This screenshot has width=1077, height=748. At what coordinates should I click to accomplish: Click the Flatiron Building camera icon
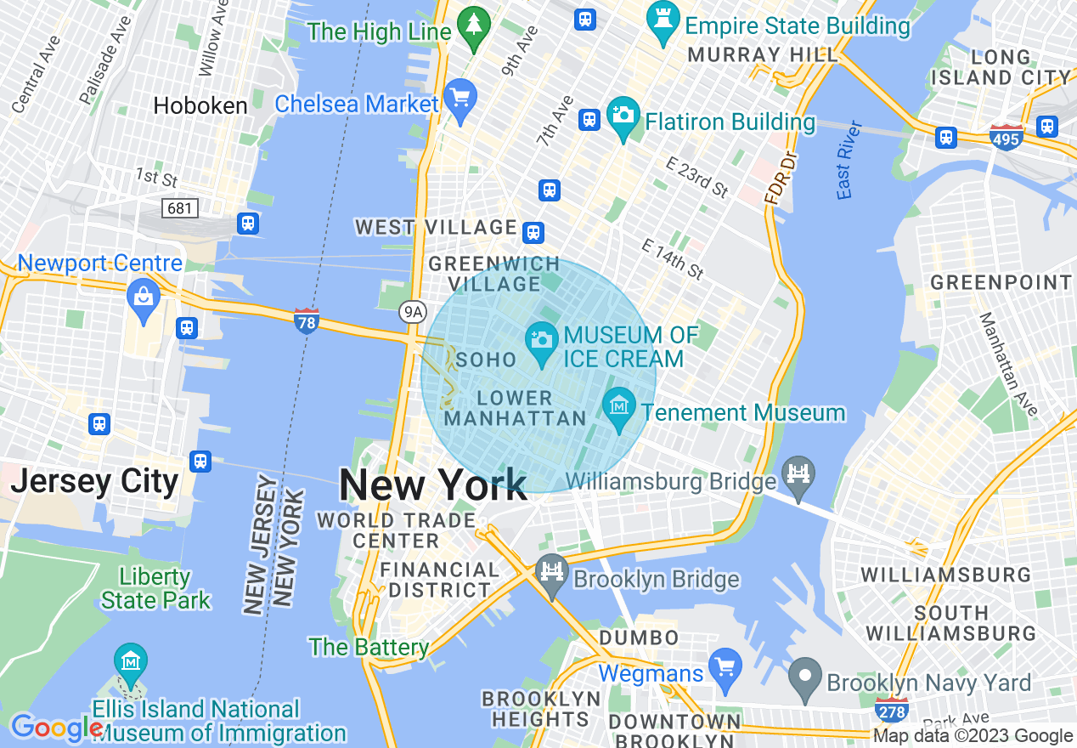[x=623, y=116]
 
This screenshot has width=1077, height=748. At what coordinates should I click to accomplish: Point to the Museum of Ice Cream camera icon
[x=541, y=341]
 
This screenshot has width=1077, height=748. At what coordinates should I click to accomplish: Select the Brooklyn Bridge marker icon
[x=552, y=573]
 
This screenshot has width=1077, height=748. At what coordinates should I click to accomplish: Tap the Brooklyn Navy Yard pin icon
[x=804, y=677]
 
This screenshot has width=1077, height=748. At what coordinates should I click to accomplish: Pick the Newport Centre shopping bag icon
[x=143, y=298]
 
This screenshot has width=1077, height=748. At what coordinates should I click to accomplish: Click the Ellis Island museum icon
[x=131, y=662]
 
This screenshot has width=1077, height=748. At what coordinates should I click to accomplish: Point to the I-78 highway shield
[x=307, y=320]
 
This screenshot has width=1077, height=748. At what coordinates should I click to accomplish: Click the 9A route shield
[x=413, y=312]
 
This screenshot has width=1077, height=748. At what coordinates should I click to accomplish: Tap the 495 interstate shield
[x=1006, y=136]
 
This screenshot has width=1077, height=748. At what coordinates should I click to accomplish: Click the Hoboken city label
[x=200, y=105]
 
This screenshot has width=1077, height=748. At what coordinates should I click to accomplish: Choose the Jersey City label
[x=94, y=481]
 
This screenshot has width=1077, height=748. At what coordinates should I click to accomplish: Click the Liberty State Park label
[x=155, y=588]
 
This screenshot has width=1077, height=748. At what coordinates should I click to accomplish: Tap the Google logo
[x=56, y=728]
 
